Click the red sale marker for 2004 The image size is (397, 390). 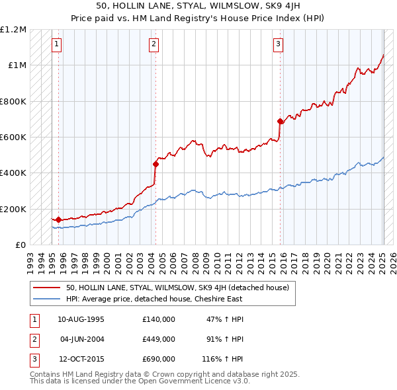(x=155, y=164)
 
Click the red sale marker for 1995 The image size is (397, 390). (x=58, y=219)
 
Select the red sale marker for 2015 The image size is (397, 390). (x=281, y=121)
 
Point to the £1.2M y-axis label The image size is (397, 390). (x=13, y=30)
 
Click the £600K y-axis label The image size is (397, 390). (x=13, y=137)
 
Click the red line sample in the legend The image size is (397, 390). (x=46, y=288)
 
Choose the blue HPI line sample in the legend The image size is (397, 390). (x=46, y=299)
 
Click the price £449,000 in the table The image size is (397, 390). (x=159, y=339)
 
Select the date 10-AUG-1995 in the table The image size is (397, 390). (x=81, y=319)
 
